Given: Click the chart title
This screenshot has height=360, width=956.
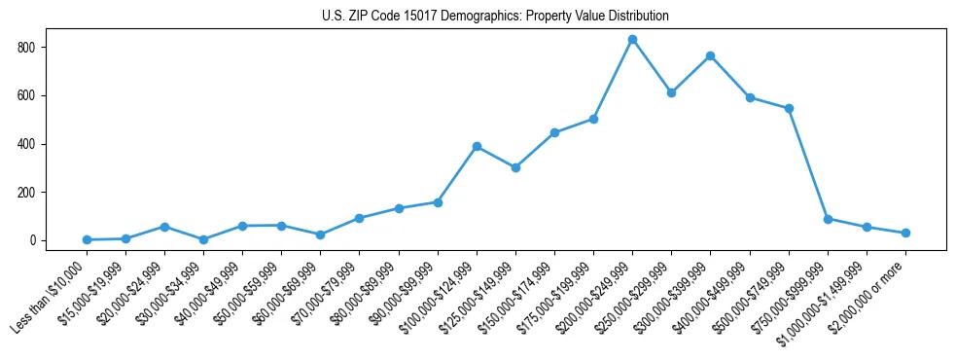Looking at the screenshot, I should coord(495,17).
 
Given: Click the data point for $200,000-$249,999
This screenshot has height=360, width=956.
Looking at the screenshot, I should coord(632,39).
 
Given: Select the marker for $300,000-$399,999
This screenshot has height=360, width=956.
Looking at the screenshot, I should coord(711,55).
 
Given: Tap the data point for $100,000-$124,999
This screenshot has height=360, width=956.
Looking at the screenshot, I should coord(477,146).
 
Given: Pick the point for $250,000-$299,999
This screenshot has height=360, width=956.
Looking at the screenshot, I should coord(671,92).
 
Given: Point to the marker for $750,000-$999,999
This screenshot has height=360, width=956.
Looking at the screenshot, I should coord(828,219).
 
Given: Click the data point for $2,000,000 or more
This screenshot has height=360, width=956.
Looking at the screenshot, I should coord(905,233).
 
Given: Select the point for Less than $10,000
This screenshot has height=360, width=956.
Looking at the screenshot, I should coord(88,239).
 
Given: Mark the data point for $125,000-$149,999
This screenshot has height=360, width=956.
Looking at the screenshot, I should coord(515,167).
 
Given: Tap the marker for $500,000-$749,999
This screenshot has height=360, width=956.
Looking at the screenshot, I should coord(789,108).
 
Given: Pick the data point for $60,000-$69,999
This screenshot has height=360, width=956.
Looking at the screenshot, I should coord(320,234).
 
